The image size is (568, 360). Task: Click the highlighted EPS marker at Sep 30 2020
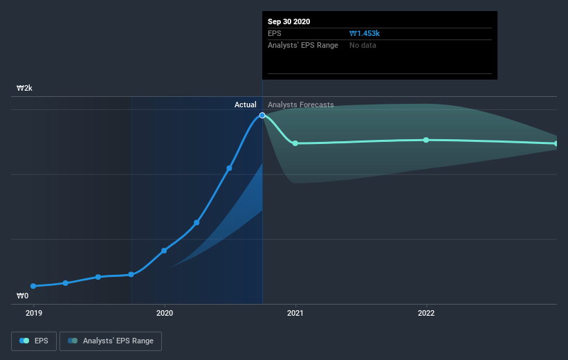point(262,116)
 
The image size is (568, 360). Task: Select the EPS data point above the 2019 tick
point(33,286)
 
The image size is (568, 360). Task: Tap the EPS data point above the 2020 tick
point(164,251)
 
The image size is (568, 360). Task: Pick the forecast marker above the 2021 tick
point(295,143)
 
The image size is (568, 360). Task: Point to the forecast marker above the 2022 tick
point(426,140)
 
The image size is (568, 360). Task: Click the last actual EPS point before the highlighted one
point(229,168)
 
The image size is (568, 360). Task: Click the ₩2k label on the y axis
point(25,89)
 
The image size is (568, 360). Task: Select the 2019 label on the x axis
point(33,313)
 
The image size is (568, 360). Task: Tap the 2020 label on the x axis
point(164,313)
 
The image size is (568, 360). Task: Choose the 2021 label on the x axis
point(295,313)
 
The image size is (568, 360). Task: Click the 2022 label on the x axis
point(426,313)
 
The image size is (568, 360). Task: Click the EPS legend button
point(35,341)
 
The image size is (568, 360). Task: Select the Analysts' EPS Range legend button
point(111,341)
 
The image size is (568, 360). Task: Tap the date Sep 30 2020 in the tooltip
point(289,21)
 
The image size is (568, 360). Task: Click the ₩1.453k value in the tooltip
point(365,33)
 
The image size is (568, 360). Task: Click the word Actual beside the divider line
point(245,105)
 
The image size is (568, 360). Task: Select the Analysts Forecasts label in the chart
point(300,105)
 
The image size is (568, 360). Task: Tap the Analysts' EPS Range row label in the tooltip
point(303,46)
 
